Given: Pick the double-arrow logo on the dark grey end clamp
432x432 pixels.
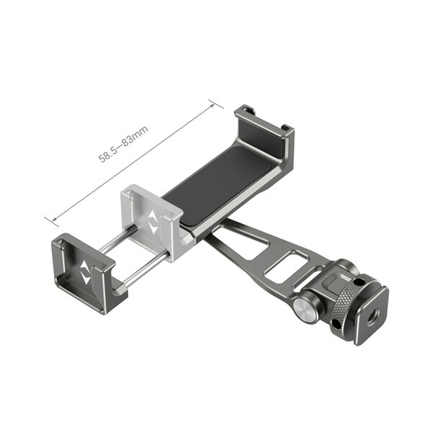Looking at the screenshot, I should (86, 275).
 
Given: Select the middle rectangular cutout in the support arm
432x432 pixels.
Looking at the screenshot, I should (282, 266).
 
